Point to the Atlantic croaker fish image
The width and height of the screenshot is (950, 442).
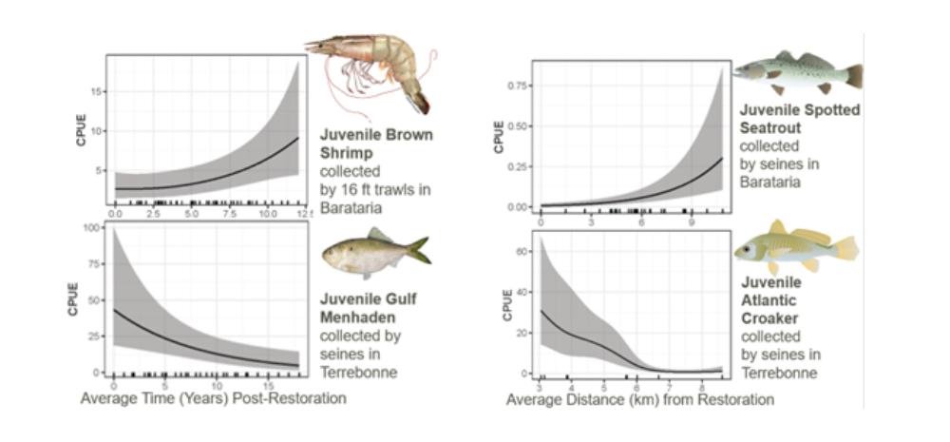pyautogui.click(x=794, y=249)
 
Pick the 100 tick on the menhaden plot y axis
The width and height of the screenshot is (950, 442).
pyautogui.click(x=94, y=228)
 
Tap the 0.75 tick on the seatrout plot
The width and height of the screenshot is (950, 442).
pyautogui.click(x=519, y=86)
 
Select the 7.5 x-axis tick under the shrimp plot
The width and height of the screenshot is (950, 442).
pyautogui.click(x=231, y=216)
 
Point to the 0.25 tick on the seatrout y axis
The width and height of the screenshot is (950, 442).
pyautogui.click(x=519, y=165)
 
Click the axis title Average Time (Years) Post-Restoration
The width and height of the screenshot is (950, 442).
pyautogui.click(x=213, y=398)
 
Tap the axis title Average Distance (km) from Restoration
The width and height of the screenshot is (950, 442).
pyautogui.click(x=639, y=399)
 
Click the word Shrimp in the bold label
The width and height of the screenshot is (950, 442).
pyautogui.click(x=343, y=152)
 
